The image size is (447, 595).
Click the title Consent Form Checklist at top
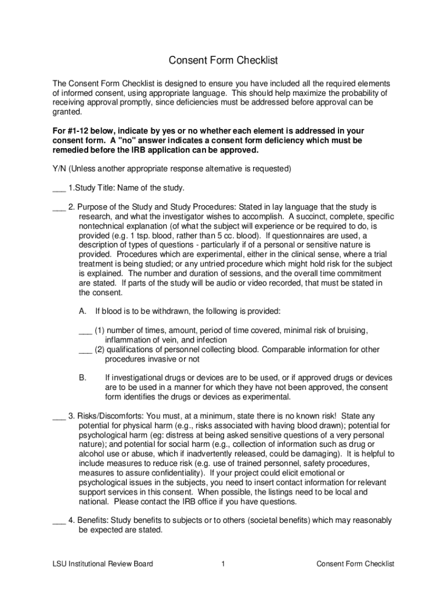click(x=223, y=60)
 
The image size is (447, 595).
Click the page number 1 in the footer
click(x=223, y=564)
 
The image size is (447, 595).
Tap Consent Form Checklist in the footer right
click(x=355, y=564)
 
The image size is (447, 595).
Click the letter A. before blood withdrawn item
click(x=83, y=311)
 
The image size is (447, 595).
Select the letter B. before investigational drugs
click(x=83, y=378)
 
